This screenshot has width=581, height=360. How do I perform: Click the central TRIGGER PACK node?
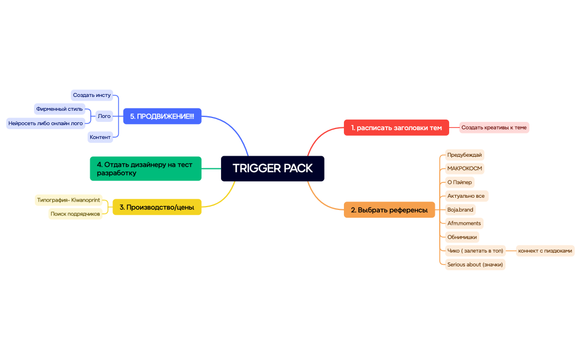point(272,168)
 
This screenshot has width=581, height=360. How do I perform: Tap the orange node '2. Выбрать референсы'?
point(389,210)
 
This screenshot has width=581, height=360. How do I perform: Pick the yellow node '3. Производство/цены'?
point(157,207)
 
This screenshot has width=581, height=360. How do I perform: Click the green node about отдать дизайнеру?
point(145,168)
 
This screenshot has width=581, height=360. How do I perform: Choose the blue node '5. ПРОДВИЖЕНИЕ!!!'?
point(162,116)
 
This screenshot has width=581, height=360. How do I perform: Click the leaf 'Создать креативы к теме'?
point(494,127)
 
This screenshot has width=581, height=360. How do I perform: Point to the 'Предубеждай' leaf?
point(464,155)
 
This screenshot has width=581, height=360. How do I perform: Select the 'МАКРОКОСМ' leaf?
point(461,168)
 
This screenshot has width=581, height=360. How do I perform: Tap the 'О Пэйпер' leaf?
point(460,182)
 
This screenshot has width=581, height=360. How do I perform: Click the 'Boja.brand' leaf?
point(460,210)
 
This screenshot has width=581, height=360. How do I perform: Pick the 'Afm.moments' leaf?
point(464,223)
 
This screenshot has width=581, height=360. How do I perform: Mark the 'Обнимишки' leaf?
point(462,237)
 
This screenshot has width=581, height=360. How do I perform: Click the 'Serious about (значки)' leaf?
point(475,264)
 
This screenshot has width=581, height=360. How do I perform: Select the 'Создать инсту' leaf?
point(92,95)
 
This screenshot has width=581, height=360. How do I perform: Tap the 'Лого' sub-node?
point(104,116)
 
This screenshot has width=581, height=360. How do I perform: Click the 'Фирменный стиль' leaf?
point(59,109)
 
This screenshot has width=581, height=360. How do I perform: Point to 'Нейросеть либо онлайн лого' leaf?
point(45,123)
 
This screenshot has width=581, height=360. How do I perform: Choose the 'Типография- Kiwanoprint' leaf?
point(68,199)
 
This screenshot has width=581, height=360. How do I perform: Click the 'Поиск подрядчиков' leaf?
point(75,214)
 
